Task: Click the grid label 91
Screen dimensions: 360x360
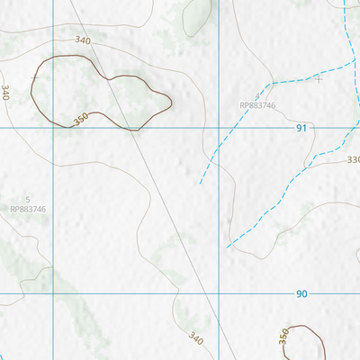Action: click(301, 129)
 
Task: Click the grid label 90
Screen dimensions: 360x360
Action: click(301, 294)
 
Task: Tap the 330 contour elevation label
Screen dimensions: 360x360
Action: click(353, 159)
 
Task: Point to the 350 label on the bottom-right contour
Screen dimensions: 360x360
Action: click(284, 337)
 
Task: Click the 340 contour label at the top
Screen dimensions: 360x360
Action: click(84, 41)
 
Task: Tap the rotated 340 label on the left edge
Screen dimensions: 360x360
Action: click(6, 92)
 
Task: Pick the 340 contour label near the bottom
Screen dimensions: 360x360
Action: click(197, 338)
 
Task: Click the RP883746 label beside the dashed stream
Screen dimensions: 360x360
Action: click(257, 105)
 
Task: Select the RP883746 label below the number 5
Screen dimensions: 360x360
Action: click(28, 209)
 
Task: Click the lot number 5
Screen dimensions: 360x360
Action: click(28, 199)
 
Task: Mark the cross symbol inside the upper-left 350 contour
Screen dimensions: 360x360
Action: click(35, 77)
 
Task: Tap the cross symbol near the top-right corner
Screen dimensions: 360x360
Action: click(319, 79)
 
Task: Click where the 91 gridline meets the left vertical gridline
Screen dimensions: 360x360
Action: click(53, 128)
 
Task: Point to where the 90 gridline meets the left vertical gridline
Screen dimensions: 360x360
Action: click(53, 293)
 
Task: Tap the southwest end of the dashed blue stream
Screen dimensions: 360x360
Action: click(200, 184)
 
